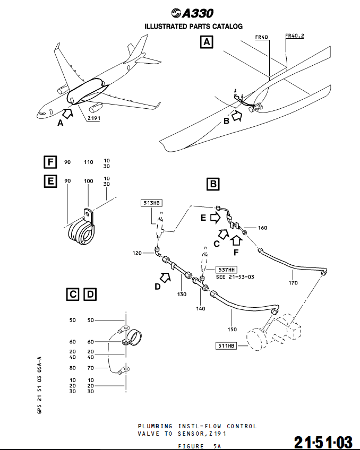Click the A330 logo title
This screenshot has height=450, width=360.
tap(193, 14)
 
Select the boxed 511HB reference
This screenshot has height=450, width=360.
tap(226, 346)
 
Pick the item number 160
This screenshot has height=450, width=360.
tap(262, 228)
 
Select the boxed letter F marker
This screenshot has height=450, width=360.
tap(50, 162)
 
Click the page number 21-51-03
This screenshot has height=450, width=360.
tap(324, 441)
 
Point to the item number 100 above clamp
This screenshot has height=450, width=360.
tap(89, 181)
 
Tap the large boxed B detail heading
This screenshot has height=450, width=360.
tap(212, 184)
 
